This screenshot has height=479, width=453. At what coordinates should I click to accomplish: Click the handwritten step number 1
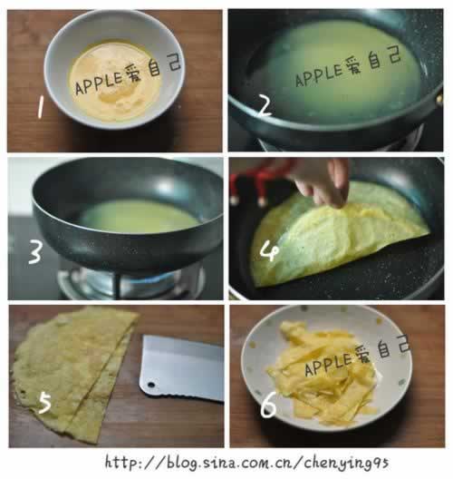[40, 106]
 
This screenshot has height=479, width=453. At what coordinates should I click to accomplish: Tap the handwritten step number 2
[265, 105]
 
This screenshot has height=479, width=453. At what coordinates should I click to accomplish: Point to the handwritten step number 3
[35, 251]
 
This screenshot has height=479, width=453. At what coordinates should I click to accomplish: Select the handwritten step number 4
[269, 251]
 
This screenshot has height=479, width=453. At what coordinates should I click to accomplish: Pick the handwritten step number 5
[44, 403]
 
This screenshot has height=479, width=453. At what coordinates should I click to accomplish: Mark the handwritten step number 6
[268, 405]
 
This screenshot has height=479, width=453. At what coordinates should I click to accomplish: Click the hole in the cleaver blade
[150, 385]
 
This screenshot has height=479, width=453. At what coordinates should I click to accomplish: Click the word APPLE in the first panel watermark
[98, 83]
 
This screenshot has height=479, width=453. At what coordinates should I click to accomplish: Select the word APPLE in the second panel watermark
[319, 74]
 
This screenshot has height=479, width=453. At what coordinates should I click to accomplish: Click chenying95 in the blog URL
[346, 463]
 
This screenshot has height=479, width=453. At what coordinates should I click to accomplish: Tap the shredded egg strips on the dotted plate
[323, 373]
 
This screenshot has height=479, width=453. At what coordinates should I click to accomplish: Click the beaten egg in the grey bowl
[115, 82]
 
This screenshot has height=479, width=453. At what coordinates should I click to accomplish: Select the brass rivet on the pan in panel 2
[439, 98]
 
